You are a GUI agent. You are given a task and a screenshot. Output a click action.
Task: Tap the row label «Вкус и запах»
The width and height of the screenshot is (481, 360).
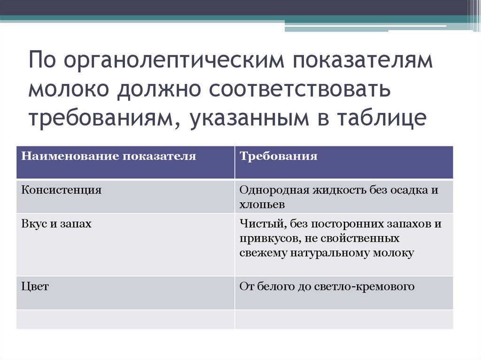[x=56, y=224]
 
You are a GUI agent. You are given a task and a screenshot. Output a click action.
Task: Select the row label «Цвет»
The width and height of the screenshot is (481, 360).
[x=35, y=286]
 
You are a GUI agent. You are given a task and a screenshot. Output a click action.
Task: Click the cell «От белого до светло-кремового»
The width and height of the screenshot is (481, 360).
[x=327, y=286]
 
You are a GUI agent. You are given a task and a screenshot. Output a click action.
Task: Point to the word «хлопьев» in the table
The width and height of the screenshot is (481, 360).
[x=262, y=205]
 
